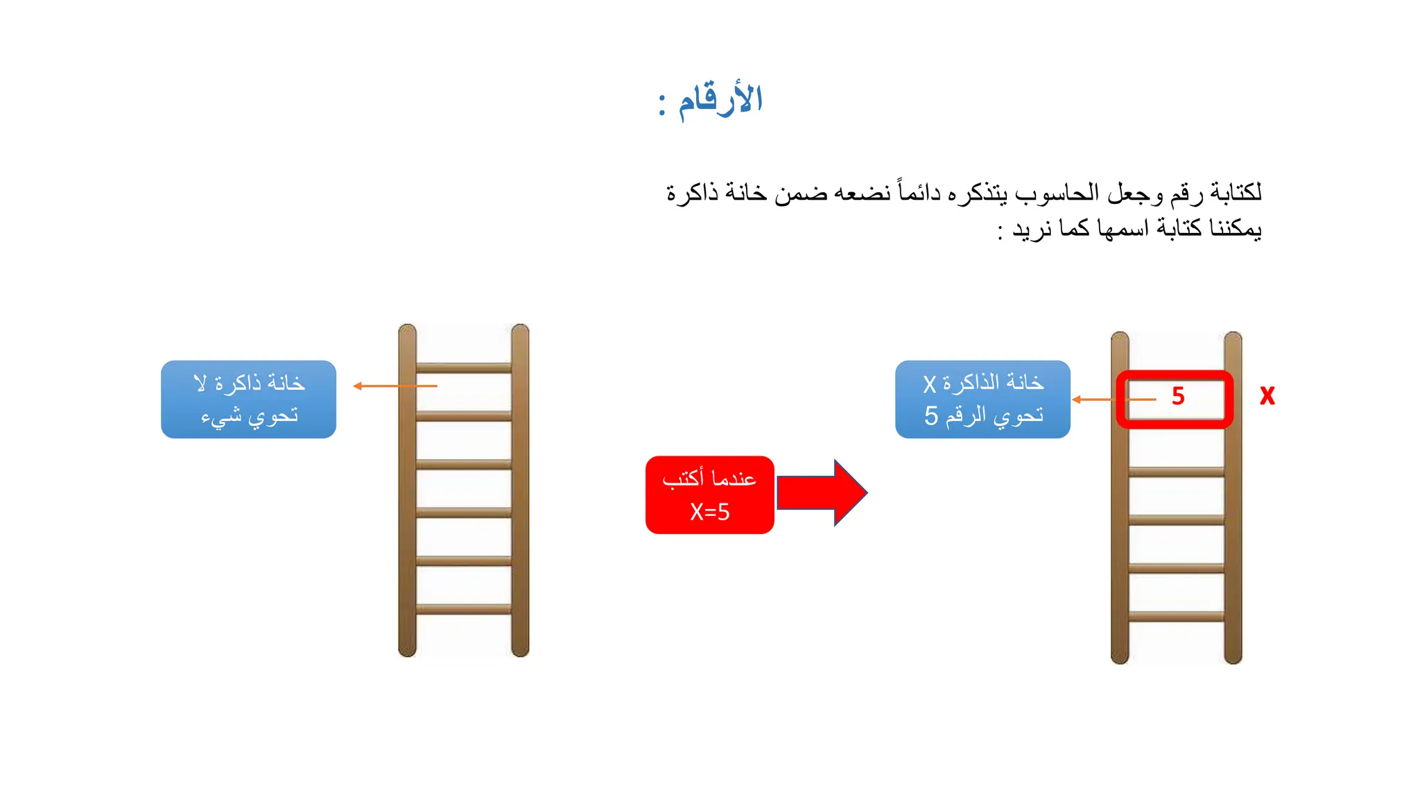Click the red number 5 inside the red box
tap(1178, 396)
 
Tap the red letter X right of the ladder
tap(1267, 396)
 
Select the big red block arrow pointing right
tap(822, 493)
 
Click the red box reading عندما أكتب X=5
tap(709, 495)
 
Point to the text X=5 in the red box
tap(709, 512)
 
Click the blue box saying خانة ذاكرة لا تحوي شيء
tap(248, 399)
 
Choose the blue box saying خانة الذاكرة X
tap(982, 399)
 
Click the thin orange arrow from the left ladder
tap(395, 386)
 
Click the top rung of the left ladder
tap(463, 368)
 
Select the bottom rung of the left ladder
tap(463, 609)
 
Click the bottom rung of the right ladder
tap(1176, 616)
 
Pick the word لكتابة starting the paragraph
tap(1236, 192)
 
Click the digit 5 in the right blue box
tap(931, 416)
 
